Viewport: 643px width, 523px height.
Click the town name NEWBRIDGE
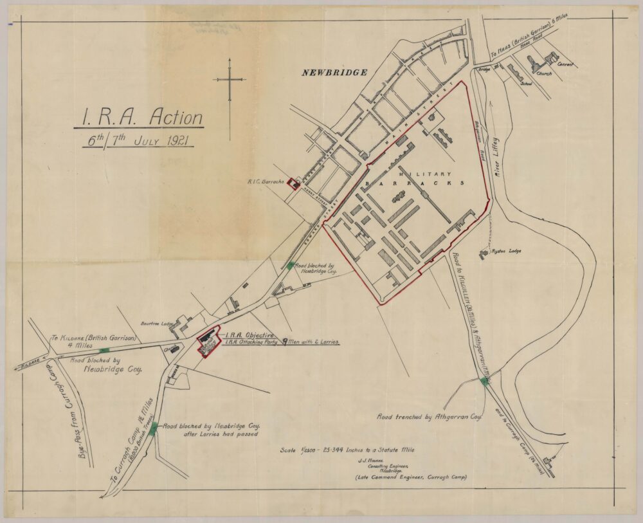[x=334, y=73]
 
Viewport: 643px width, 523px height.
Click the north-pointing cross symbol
[x=230, y=80]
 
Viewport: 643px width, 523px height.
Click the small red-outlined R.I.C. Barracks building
[x=293, y=184]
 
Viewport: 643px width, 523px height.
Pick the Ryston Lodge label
[x=505, y=252]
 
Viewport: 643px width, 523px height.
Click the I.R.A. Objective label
[x=250, y=335]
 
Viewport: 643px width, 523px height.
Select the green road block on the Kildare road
[x=104, y=351]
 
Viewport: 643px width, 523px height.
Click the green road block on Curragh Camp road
[x=153, y=428]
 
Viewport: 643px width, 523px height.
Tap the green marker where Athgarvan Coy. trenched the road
[x=484, y=381]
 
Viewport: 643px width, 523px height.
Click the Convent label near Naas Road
[x=565, y=64]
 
